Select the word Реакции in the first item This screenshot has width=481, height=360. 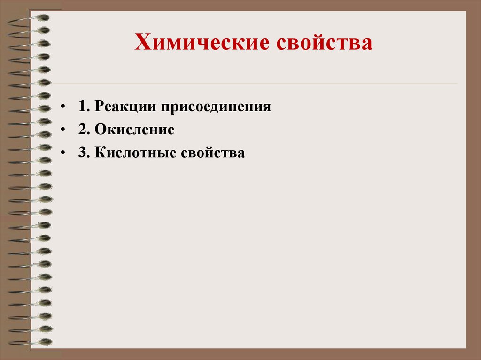point(125,106)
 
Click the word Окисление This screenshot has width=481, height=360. point(134,130)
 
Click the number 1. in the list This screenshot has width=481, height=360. point(84,106)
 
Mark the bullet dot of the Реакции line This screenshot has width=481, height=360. point(62,107)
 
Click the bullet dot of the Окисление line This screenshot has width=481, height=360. point(62,130)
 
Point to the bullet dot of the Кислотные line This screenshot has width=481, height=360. point(62,153)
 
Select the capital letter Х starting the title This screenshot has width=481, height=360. point(142,44)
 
